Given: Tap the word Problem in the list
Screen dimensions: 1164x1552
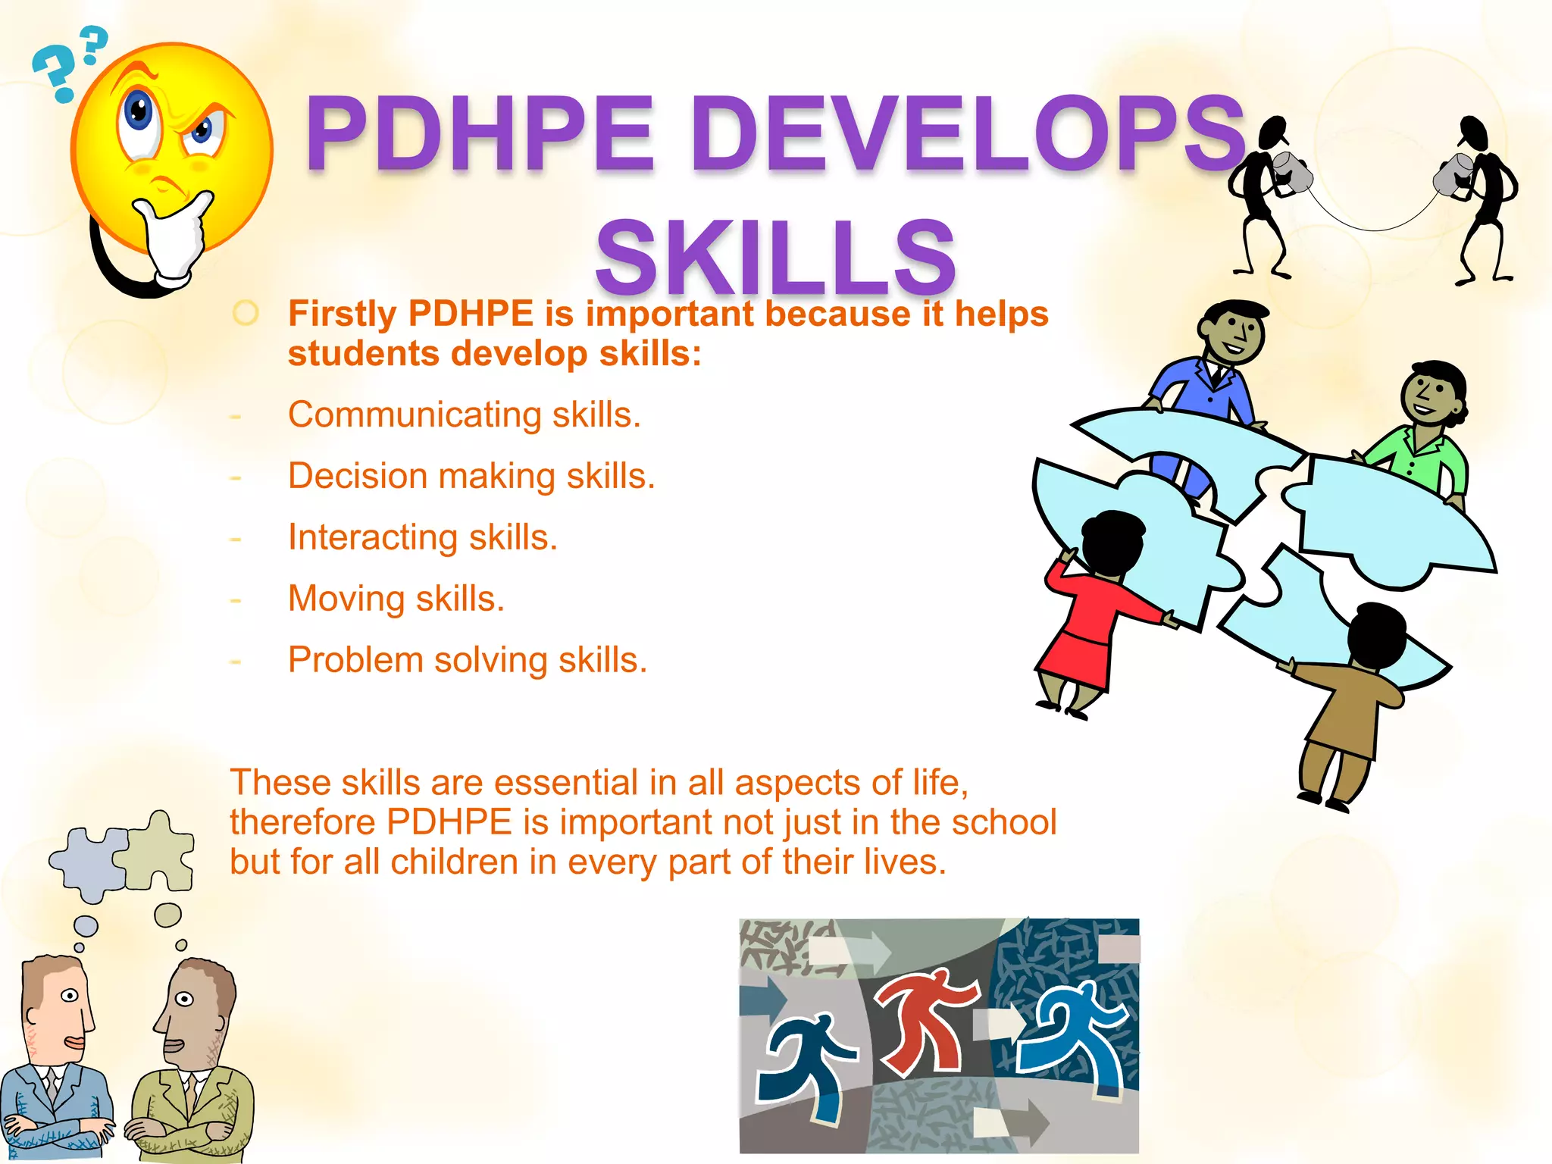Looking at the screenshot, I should coord(355,660).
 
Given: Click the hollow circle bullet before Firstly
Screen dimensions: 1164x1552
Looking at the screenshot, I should coord(246,313).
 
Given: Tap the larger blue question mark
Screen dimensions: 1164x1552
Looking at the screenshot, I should coord(54,73).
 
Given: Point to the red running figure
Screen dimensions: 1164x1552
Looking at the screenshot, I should coord(924,1019).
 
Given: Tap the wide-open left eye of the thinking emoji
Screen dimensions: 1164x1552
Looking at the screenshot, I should coord(139,113).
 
